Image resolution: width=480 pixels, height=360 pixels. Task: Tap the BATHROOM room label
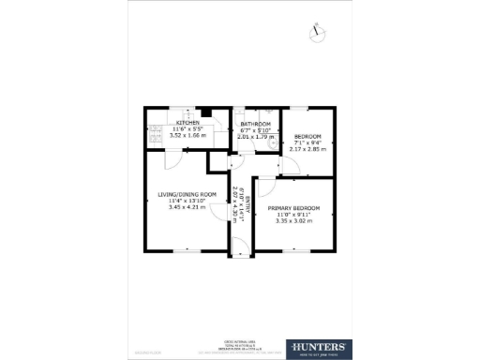coord(255,124)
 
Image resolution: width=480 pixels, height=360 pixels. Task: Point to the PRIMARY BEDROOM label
coord(293,207)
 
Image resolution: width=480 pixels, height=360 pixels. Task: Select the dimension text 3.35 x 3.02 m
coord(293,220)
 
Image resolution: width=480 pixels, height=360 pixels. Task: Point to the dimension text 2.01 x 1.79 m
coord(255,137)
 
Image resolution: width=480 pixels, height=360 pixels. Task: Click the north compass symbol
coord(318,30)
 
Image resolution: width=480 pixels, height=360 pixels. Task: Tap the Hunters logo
coord(321,349)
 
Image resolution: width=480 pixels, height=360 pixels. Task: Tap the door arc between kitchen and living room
coord(172,160)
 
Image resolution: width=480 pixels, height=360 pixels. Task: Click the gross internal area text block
coord(240,345)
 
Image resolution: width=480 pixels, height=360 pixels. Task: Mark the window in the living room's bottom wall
coord(186,250)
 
